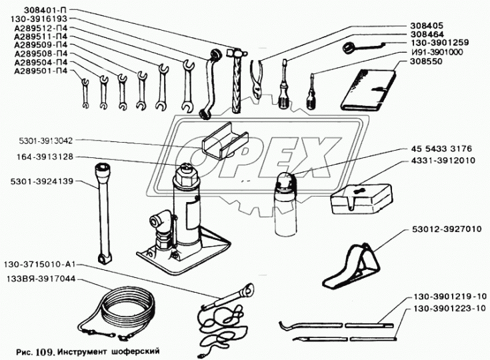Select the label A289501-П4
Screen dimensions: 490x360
pos(41,71)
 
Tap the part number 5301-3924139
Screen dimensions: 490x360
pos(41,181)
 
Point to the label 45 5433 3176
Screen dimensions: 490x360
pos(441,149)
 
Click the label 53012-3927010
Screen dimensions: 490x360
pos(447,229)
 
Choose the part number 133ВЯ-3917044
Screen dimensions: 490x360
pos(40,279)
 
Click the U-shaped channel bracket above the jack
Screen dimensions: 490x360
pos(225,141)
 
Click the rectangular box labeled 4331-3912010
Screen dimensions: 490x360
pos(361,199)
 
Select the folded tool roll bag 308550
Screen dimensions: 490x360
pos(368,90)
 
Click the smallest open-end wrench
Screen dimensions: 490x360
pos(85,94)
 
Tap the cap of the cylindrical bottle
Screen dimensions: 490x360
pos(285,181)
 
